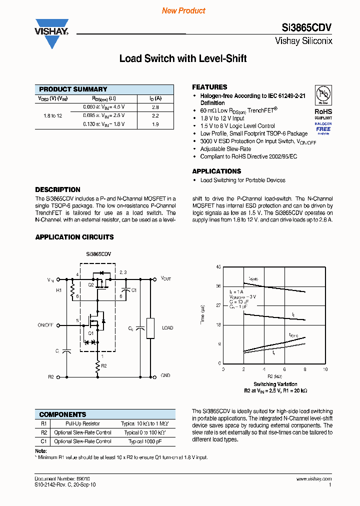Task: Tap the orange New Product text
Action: click(183, 10)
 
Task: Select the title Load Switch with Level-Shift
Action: click(183, 58)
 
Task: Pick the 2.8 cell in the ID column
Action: click(155, 107)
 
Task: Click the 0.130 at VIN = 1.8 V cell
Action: click(104, 124)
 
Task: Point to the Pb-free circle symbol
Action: click(323, 94)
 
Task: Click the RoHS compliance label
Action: click(323, 112)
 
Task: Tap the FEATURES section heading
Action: click(209, 87)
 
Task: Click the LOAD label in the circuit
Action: click(167, 328)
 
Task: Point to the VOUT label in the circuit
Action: click(165, 278)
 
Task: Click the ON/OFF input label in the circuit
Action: click(45, 325)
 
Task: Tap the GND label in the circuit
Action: click(165, 375)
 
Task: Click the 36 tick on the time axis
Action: click(218, 286)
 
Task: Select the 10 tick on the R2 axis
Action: click(325, 369)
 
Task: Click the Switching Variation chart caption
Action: click(275, 384)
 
